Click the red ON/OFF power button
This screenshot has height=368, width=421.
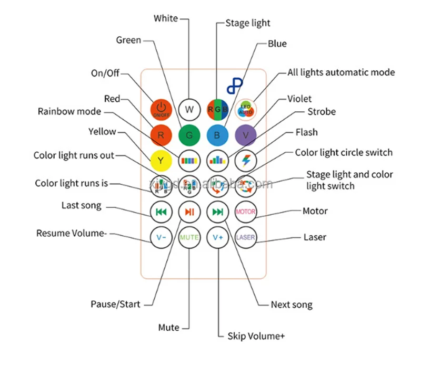coord(161,110)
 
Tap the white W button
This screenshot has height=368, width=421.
coord(189,110)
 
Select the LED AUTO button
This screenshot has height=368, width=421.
coord(245,110)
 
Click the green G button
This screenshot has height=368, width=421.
coord(189,135)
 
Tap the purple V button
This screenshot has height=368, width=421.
coord(245,135)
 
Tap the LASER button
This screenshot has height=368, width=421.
coord(245,237)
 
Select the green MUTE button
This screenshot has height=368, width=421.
coord(189,237)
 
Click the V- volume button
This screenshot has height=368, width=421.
coord(161,237)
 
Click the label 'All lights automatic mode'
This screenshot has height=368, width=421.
coord(340,72)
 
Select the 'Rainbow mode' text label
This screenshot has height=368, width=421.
coord(69,111)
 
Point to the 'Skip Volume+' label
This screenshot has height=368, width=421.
coord(256,336)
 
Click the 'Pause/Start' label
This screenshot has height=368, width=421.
coord(115,304)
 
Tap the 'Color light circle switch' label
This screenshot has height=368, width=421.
coord(344,152)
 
